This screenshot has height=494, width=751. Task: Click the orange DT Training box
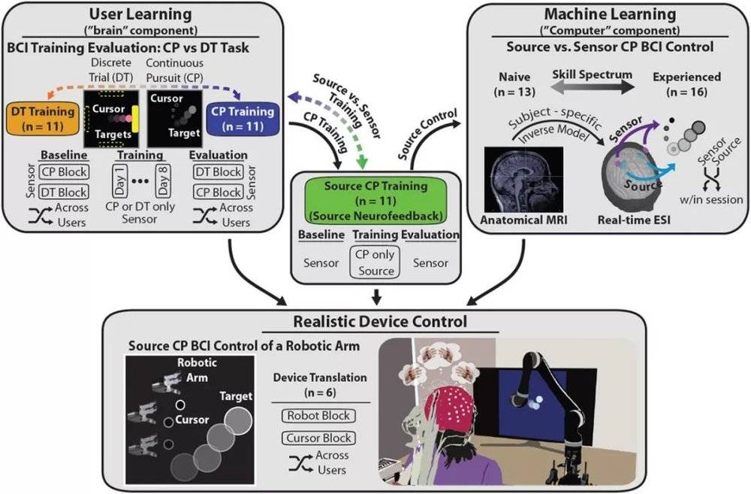[x=43, y=119]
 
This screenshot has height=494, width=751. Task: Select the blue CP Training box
[x=243, y=119]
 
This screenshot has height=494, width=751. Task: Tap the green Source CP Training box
[x=376, y=201]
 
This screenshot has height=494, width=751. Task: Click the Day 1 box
[x=120, y=180]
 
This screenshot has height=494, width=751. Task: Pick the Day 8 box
[x=163, y=180]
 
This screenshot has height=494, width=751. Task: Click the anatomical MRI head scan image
[x=523, y=180]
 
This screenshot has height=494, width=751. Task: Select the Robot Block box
[x=318, y=416]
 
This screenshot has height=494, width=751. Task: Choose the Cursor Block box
[x=318, y=438]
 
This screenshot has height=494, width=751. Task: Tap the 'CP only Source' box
[x=375, y=262]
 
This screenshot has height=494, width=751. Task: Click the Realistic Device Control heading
[x=380, y=321]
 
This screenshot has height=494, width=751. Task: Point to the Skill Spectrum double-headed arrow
[x=593, y=87]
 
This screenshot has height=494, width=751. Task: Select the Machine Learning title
[x=610, y=14]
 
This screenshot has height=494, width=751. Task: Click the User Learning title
[x=140, y=14]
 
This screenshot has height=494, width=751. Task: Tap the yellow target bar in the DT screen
[x=135, y=119]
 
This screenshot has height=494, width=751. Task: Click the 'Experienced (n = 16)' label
[x=687, y=84]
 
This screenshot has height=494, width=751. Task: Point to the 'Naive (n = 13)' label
[x=514, y=84]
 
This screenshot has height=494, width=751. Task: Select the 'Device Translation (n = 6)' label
[x=320, y=385]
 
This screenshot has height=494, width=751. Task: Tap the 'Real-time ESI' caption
[x=634, y=220]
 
